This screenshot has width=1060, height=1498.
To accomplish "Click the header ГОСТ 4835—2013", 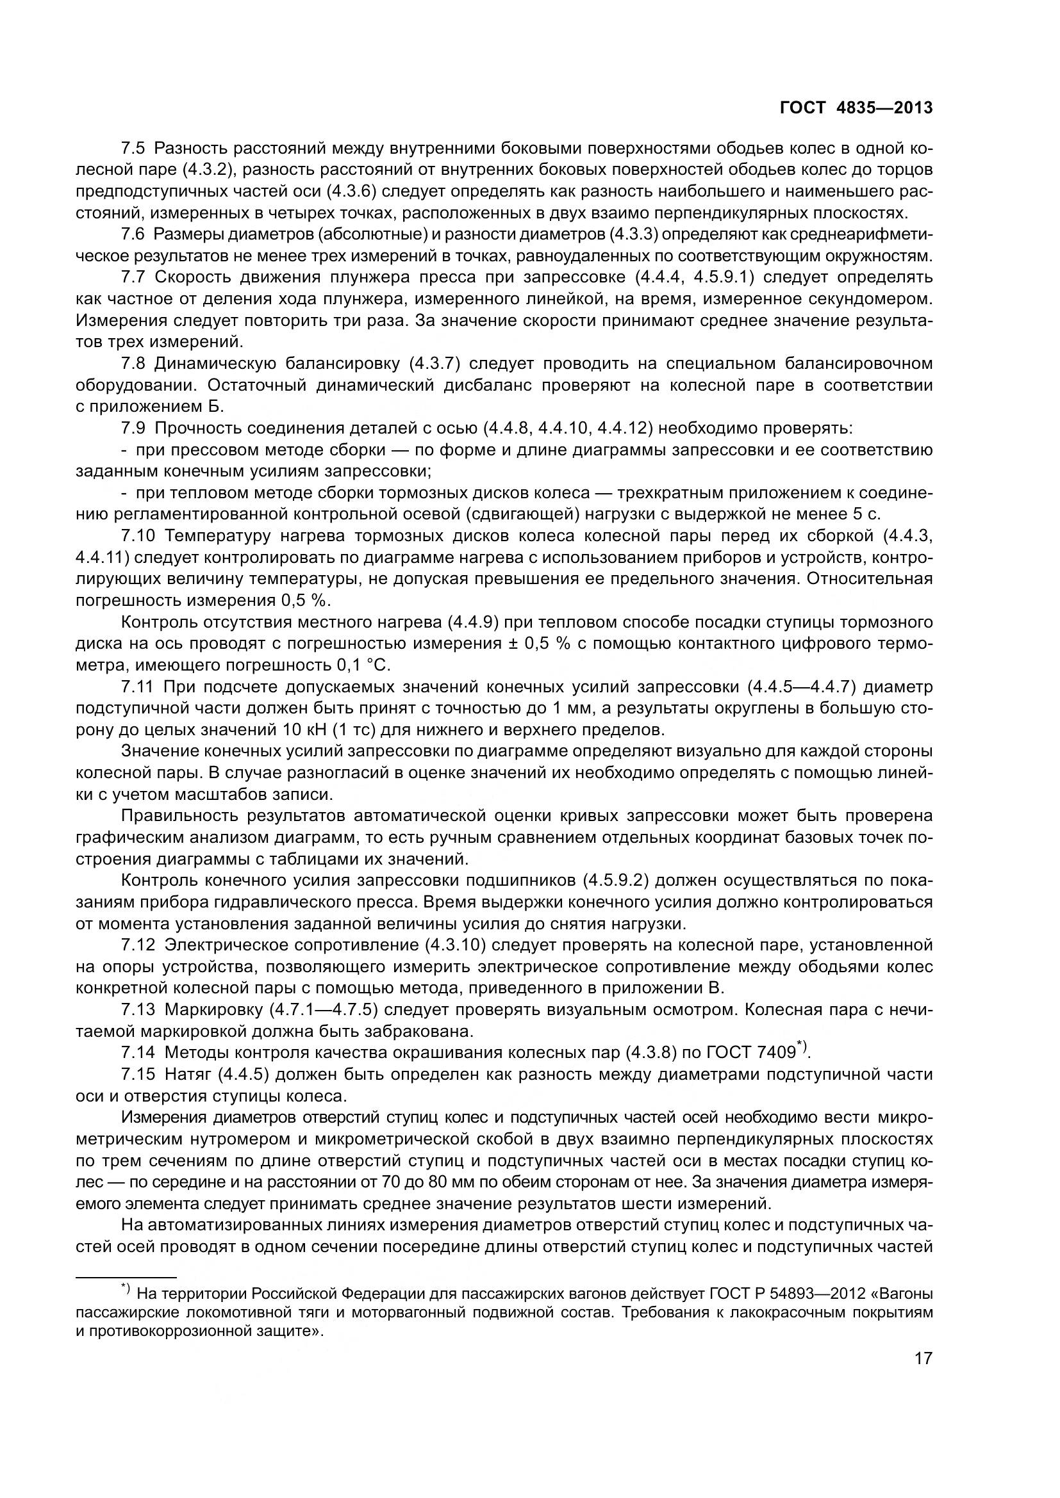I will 856,108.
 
